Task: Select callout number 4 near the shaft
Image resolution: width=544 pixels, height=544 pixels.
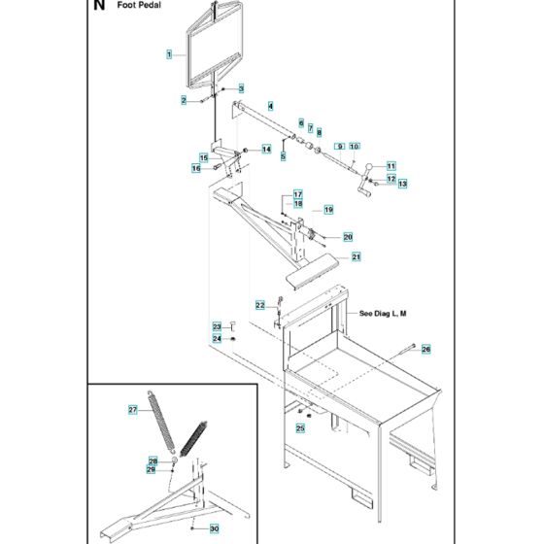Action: click(271, 105)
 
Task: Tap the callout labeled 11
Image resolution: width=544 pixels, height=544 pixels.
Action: click(391, 164)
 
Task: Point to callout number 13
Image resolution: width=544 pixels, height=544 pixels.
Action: click(401, 183)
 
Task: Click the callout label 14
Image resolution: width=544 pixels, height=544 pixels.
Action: click(265, 149)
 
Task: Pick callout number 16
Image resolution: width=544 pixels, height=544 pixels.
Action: click(195, 168)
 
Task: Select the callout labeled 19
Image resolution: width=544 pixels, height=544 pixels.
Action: click(328, 210)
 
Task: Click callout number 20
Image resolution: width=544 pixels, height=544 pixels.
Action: click(348, 236)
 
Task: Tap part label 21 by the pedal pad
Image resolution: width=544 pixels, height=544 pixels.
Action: click(357, 256)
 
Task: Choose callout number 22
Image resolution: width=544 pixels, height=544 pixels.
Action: click(260, 305)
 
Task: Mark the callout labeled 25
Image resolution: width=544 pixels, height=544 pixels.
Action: click(300, 427)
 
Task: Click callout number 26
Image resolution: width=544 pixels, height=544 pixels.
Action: click(425, 349)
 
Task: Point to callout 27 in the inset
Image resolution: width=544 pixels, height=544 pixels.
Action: click(133, 410)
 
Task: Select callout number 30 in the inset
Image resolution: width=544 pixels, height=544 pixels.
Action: click(216, 528)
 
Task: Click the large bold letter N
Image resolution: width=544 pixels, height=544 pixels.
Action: click(98, 7)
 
